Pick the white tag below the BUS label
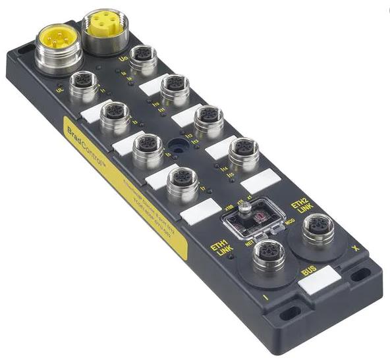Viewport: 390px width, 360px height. (319, 283)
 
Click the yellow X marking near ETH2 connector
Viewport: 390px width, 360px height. (356, 249)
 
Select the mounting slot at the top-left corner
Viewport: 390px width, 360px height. (26, 49)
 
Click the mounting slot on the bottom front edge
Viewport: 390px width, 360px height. (288, 314)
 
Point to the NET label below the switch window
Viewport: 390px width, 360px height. (250, 243)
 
